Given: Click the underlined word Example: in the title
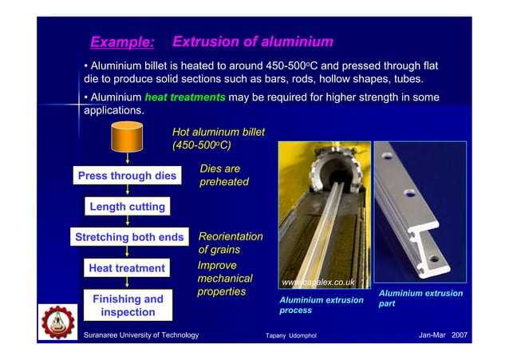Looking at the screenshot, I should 122,42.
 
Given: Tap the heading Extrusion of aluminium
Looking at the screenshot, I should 252,42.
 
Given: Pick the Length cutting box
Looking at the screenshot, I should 127,207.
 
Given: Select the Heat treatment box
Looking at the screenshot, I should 127,268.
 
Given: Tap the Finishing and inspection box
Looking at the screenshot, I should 128,305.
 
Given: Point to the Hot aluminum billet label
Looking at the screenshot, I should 218,138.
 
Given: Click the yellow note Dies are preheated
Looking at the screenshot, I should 224,176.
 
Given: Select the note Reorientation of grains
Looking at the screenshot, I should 230,243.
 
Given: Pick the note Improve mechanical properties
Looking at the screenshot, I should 224,279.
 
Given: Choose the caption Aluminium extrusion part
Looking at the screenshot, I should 420,299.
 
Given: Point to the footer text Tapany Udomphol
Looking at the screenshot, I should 290,335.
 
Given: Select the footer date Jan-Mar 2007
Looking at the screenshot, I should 443,334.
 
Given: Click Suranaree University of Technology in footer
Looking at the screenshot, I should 141,334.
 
